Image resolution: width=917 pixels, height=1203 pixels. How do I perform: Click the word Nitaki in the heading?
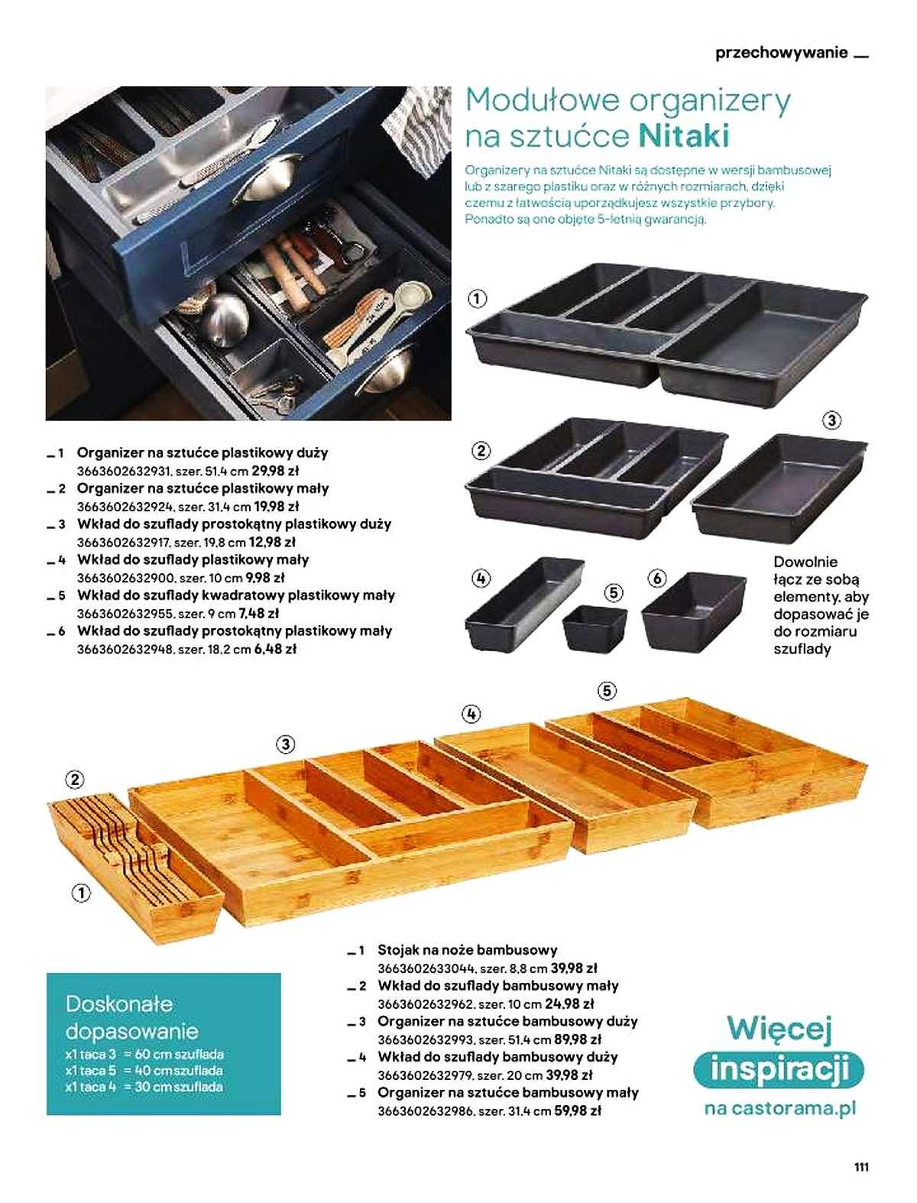(684, 135)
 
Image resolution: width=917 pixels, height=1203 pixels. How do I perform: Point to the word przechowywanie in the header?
(782, 54)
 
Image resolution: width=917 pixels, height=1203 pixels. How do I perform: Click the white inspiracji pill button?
(779, 1069)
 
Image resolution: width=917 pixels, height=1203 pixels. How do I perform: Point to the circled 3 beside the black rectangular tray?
(831, 420)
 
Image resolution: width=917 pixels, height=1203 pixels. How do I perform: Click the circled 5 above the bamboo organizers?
(607, 690)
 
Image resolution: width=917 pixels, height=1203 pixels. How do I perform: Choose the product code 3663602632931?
(125, 471)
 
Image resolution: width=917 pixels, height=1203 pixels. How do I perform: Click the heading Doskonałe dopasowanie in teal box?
(131, 1017)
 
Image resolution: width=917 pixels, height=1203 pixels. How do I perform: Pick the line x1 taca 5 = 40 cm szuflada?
(144, 1070)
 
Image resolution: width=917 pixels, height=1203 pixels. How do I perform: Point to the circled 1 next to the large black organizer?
(477, 299)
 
